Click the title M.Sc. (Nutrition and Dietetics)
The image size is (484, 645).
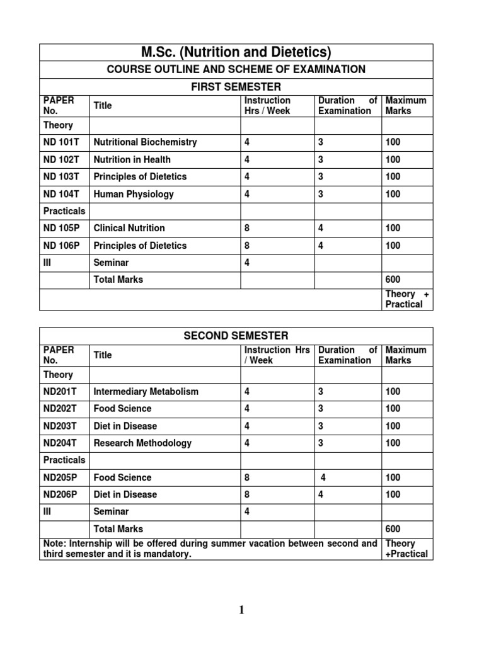(x=236, y=52)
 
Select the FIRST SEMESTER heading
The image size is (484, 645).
(x=236, y=86)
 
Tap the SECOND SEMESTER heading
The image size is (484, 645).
(x=236, y=336)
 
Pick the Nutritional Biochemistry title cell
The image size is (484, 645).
(x=145, y=142)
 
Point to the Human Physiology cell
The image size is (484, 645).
(x=133, y=194)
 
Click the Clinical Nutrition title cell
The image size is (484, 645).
(x=129, y=228)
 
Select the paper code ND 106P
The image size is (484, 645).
(x=61, y=246)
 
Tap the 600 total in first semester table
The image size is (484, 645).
(x=393, y=280)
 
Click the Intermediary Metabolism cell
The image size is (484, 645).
(x=146, y=392)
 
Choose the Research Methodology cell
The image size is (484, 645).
(x=142, y=443)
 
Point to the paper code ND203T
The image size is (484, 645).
(x=59, y=426)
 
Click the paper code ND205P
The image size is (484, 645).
(x=60, y=477)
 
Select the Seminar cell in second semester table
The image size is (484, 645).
(x=111, y=511)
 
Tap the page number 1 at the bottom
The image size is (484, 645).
(x=243, y=610)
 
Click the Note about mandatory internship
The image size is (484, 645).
(x=210, y=549)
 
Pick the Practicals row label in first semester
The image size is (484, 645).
(x=64, y=211)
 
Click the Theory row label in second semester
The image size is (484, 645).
(x=58, y=375)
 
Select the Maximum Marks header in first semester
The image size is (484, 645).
(x=405, y=105)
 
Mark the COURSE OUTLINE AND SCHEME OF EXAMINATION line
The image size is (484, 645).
(x=236, y=69)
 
